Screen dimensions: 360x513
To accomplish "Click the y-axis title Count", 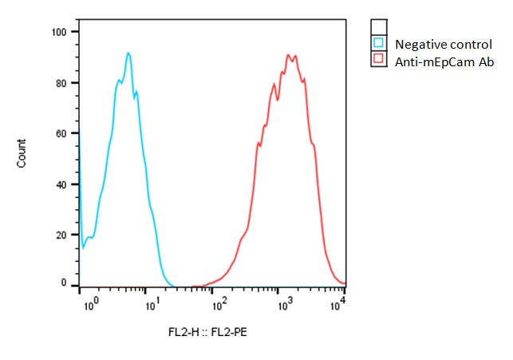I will pos(22,153).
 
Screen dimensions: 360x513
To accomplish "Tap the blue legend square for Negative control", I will pos(379,43).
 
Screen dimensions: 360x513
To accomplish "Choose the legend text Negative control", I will pos(437,44).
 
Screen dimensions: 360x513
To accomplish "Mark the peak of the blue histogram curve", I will pos(128,53).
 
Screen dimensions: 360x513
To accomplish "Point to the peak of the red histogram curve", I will pos(289,55).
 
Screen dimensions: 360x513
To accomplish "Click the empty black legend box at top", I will pos(379,27).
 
